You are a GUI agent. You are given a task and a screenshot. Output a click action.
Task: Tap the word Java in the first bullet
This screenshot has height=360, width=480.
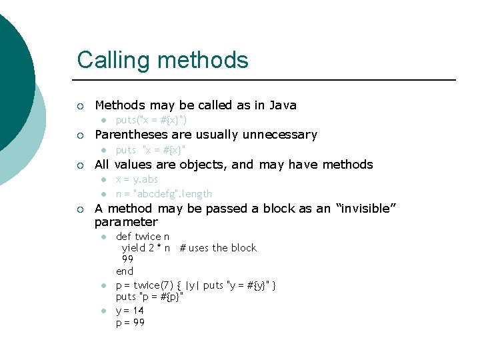(x=282, y=105)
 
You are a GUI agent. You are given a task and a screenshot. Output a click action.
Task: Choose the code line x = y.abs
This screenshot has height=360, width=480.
(x=137, y=180)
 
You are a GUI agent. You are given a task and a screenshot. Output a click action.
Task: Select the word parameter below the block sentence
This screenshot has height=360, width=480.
(x=126, y=222)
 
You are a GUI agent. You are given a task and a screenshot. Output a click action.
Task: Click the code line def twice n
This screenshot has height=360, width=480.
(x=143, y=237)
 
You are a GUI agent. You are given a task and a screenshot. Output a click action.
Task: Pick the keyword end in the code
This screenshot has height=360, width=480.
(x=125, y=271)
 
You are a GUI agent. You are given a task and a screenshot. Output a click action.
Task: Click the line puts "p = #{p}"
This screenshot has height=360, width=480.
(x=149, y=297)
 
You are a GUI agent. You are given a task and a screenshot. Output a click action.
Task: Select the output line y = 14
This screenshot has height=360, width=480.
(x=130, y=311)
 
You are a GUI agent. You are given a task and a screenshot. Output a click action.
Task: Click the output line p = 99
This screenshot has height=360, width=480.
(x=130, y=323)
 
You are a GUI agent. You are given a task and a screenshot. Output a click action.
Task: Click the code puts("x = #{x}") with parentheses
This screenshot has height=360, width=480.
(x=151, y=121)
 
